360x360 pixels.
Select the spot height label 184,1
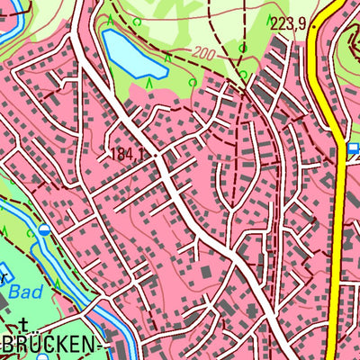tap(129, 154)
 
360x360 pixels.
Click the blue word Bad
tap(26, 291)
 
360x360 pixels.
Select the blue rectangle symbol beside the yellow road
tap(353, 148)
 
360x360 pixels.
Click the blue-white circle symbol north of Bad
tap(44, 230)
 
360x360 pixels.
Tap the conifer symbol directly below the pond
tap(148, 84)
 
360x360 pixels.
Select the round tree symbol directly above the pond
tap(137, 21)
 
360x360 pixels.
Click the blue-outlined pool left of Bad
tap(3, 273)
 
